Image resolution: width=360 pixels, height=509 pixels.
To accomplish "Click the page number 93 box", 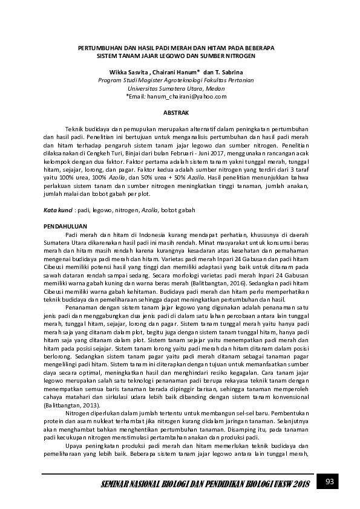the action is [330, 482].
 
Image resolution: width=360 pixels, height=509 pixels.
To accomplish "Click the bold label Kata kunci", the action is [57, 210].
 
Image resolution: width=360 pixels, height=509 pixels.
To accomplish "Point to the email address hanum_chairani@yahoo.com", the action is [180, 96].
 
